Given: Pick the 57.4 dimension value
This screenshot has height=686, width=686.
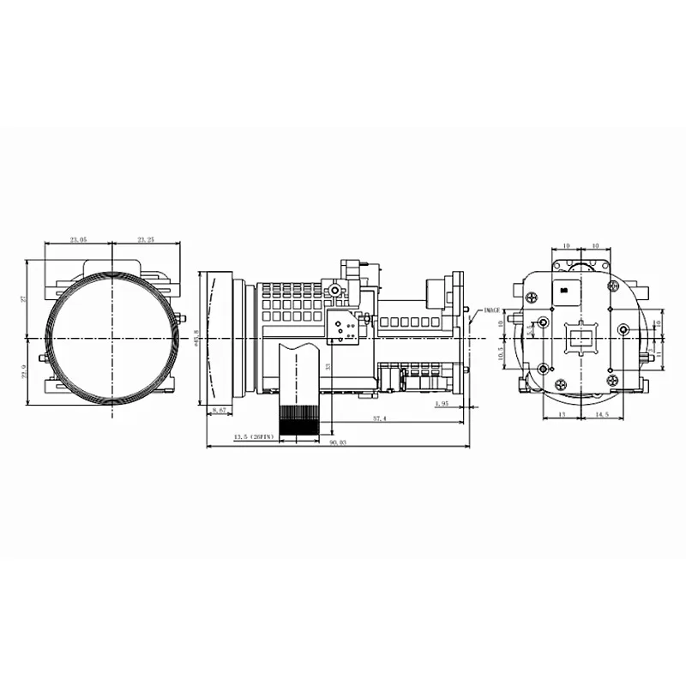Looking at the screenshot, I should click(x=379, y=418).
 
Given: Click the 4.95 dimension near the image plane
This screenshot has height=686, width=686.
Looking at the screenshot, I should click(x=442, y=403).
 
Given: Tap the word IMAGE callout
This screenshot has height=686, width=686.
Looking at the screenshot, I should click(x=491, y=310).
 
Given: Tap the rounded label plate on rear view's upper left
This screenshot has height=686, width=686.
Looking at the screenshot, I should click(x=566, y=289).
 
